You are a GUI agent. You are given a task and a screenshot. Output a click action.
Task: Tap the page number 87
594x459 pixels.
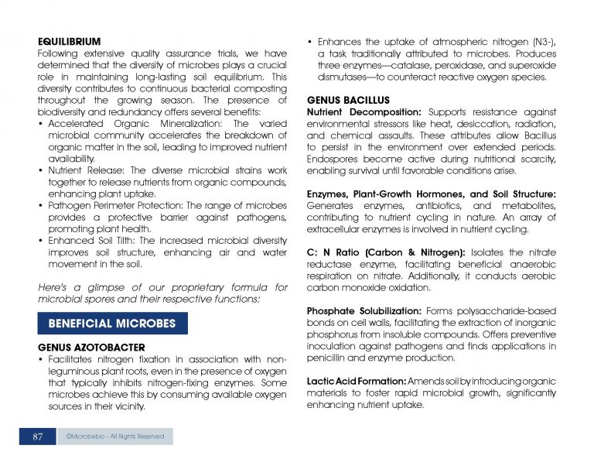(37, 437)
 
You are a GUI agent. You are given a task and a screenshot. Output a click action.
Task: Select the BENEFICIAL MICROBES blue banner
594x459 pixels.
(112, 323)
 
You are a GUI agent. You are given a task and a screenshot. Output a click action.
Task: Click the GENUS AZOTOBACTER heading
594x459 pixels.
(91, 346)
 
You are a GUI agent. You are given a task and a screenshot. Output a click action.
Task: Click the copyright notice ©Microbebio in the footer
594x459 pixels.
(115, 437)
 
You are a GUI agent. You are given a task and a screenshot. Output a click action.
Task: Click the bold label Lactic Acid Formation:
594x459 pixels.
(356, 382)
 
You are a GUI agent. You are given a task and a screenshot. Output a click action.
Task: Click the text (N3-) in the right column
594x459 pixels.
(539, 40)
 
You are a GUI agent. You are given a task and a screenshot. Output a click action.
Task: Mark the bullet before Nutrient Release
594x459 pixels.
(41, 170)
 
